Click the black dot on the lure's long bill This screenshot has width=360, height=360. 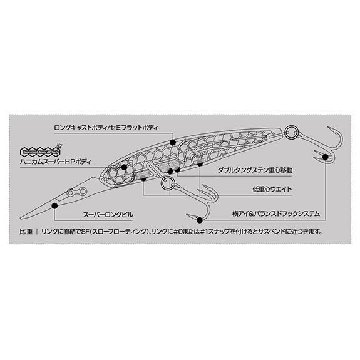(x=56, y=206)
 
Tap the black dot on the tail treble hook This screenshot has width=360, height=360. (x=328, y=160)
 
